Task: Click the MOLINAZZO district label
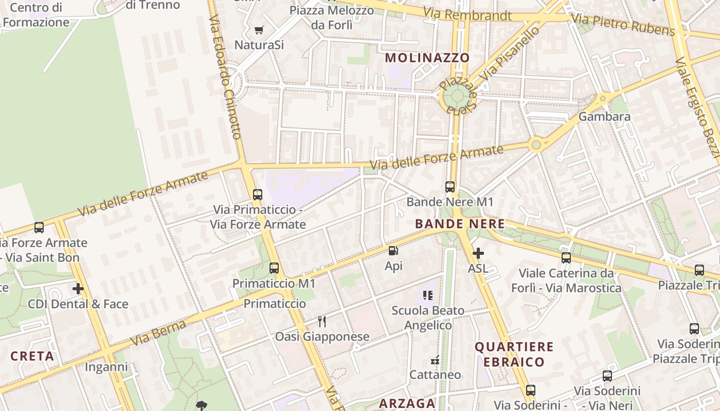coord(427,58)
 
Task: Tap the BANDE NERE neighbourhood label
coord(459,224)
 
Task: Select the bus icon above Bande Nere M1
coord(450,187)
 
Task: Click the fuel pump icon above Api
coord(393,251)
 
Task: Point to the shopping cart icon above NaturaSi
coord(259,30)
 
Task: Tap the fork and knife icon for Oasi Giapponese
coord(322,322)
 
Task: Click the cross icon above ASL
coord(478,253)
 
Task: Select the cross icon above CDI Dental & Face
coord(78,289)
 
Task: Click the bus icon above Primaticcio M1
coord(274,268)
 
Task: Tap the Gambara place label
coord(604,117)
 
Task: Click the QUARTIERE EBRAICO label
coord(514,354)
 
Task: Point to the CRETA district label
coord(32,356)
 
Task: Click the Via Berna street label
coord(158,333)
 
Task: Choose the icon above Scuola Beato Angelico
coord(428,295)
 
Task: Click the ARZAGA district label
coord(407,404)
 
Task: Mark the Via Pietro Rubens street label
coord(623,25)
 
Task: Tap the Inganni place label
coord(106,367)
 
